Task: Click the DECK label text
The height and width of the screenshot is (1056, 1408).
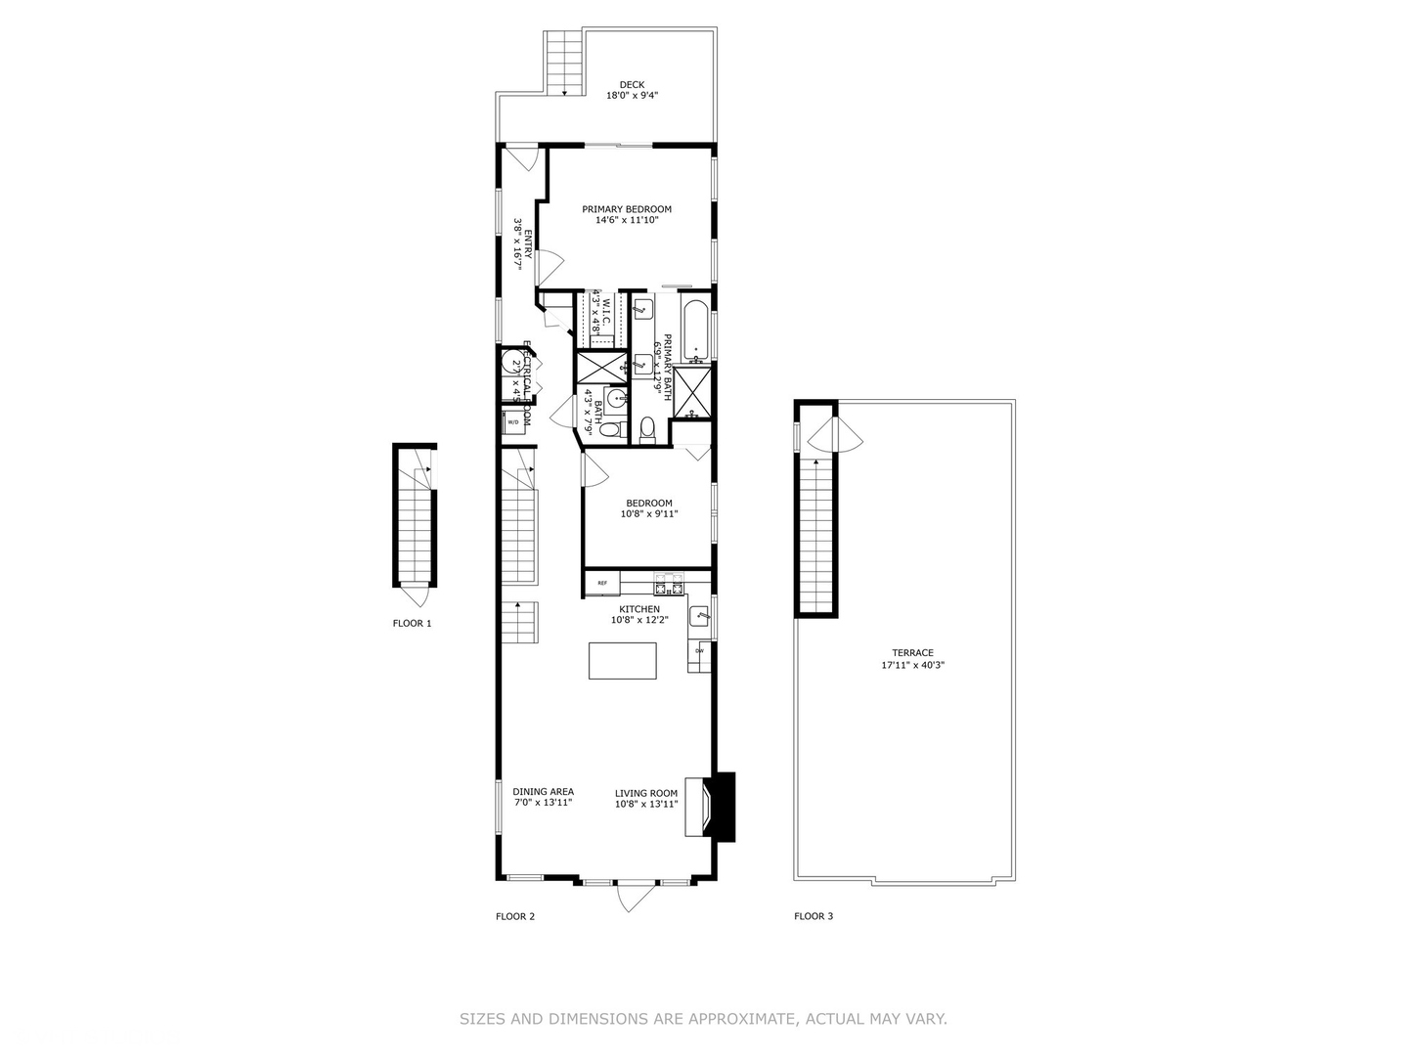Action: click(632, 84)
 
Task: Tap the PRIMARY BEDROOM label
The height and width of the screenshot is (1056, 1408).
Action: click(627, 209)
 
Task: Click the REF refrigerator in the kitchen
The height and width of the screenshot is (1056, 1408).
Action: click(602, 584)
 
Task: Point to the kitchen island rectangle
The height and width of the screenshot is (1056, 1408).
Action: click(623, 660)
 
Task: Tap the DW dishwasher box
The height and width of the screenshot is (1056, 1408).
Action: click(699, 651)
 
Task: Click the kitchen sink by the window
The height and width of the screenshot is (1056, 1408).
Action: click(699, 616)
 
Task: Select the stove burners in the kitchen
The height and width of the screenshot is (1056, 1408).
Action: click(670, 588)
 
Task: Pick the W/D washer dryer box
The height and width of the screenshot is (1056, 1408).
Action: click(512, 422)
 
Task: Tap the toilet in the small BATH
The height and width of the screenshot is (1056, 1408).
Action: click(609, 428)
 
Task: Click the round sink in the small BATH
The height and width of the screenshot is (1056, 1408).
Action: click(616, 399)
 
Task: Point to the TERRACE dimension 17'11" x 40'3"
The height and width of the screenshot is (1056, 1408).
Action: click(912, 666)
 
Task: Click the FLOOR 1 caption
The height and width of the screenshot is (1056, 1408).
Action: click(412, 623)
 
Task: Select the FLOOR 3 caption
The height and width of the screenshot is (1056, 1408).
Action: click(814, 916)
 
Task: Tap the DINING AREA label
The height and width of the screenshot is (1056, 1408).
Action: click(543, 792)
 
